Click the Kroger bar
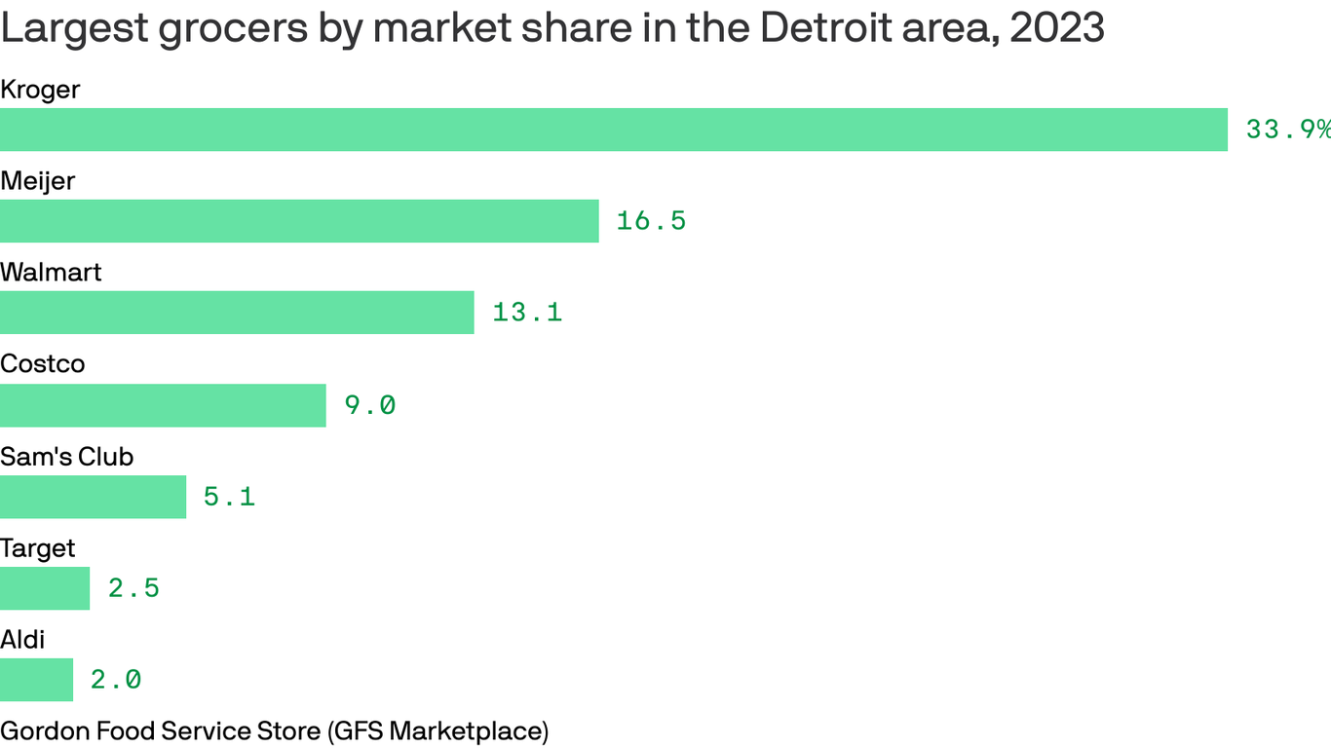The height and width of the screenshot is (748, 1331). point(614,130)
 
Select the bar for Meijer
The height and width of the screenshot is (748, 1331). point(299,221)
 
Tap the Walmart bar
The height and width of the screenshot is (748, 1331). point(237,313)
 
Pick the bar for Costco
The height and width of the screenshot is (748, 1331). point(163,405)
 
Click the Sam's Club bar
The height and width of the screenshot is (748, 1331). point(93,497)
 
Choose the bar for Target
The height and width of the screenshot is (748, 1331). point(45,588)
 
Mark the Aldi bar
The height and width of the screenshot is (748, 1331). point(36,680)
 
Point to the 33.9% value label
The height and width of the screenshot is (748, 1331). point(1287,130)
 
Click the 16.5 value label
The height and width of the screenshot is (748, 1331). point(651,221)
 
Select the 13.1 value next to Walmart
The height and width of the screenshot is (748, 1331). point(527,313)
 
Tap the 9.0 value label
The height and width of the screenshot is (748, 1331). point(370,405)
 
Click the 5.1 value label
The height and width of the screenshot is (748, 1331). point(229,497)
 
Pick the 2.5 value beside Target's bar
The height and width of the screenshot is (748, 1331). point(133,588)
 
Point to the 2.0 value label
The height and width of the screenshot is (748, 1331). point(116,680)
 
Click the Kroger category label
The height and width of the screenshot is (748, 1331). point(40,90)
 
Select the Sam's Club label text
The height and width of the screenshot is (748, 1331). point(66,457)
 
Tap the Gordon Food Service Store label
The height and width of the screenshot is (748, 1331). point(274,730)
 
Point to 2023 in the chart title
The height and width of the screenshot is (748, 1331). point(1057,29)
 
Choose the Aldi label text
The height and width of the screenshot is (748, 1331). point(22,640)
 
